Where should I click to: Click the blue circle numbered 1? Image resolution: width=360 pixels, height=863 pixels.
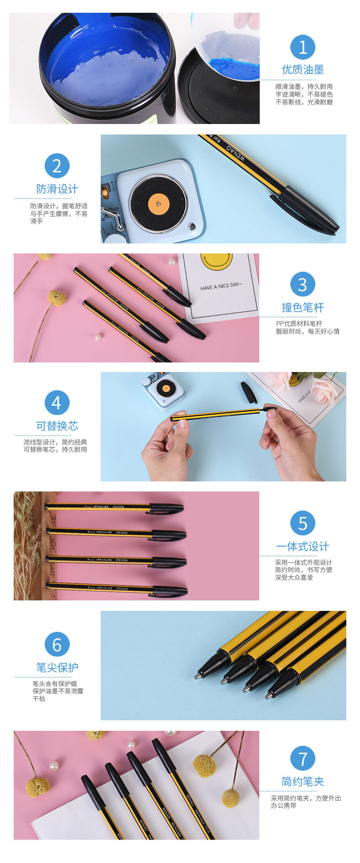(303, 47)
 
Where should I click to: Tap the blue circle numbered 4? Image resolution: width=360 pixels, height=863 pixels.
(57, 403)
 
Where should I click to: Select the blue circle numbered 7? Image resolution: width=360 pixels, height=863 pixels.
(303, 759)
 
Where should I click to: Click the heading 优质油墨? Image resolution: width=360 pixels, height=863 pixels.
(303, 70)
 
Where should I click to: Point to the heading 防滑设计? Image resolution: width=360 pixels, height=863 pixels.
(57, 189)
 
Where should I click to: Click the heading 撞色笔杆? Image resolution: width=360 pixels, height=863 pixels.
(303, 307)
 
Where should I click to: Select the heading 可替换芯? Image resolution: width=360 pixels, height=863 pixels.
(57, 426)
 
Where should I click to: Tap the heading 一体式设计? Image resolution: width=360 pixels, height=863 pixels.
(303, 546)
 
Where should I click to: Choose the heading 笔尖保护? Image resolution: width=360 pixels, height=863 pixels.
(57, 667)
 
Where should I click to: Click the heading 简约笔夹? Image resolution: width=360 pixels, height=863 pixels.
(303, 781)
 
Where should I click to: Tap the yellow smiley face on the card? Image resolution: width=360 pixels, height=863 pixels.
(216, 262)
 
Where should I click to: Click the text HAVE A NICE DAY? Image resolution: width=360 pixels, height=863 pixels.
(221, 286)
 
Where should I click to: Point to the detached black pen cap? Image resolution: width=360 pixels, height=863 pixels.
(248, 392)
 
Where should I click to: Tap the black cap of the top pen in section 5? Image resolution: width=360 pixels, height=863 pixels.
(166, 508)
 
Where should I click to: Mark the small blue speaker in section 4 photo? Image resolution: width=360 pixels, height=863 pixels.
(163, 391)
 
